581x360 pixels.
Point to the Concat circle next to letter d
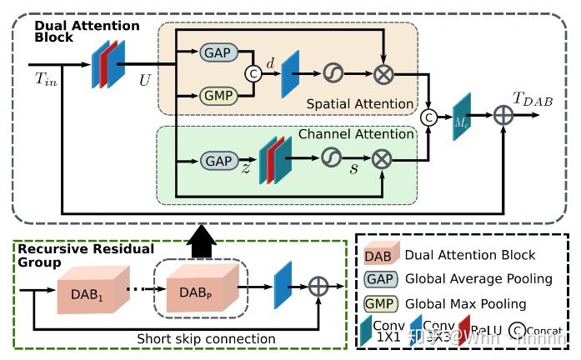tap(253, 73)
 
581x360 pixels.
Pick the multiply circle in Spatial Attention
tap(384, 73)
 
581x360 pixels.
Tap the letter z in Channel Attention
tap(246, 167)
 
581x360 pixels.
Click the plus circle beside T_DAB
tap(504, 116)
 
